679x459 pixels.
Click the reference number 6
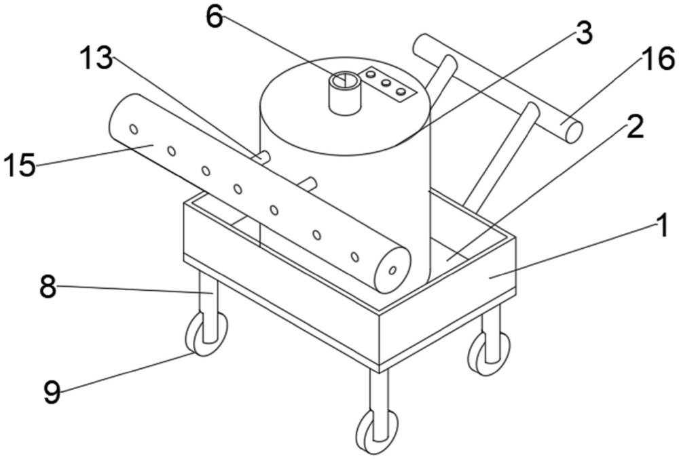215,18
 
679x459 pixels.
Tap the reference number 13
96,58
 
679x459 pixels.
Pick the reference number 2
636,127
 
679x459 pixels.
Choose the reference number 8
48,286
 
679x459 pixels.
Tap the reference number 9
52,392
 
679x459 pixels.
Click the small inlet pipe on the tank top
345,93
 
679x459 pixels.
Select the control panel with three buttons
386,84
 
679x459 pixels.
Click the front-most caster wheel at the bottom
377,431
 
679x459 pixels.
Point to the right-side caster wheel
488,353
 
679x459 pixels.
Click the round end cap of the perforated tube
392,271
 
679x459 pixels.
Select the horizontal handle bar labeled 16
497,88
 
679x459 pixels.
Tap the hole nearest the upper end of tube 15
134,129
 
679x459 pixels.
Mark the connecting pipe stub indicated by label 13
261,157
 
